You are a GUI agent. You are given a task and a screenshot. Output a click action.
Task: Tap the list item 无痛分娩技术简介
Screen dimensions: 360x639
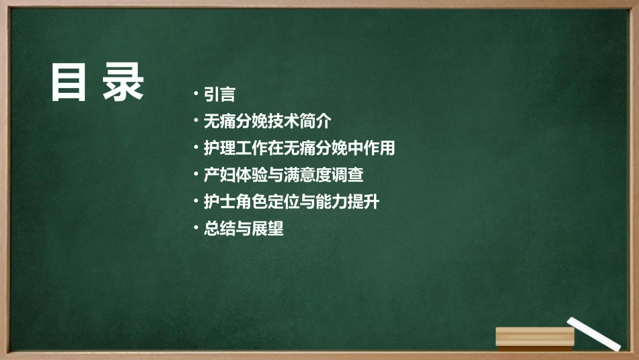pyautogui.click(x=268, y=121)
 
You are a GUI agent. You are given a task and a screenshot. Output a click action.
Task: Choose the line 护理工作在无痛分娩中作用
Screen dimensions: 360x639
pyautogui.click(x=299, y=148)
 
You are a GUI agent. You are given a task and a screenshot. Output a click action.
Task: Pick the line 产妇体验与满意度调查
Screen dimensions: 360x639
pyautogui.click(x=283, y=175)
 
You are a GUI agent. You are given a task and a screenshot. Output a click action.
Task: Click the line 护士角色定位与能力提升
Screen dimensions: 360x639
pyautogui.click(x=291, y=202)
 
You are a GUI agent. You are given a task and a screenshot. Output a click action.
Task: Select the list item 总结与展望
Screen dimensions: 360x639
pyautogui.click(x=243, y=229)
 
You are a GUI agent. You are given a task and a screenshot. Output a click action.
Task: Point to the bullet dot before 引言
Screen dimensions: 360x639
pyautogui.click(x=195, y=94)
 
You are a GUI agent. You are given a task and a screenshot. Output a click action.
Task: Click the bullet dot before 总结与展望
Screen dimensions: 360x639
pyautogui.click(x=195, y=229)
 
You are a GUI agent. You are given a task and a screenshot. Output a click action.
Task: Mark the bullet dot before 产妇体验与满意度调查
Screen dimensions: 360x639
pyautogui.click(x=195, y=175)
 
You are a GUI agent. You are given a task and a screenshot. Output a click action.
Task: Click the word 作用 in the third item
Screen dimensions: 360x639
pyautogui.click(x=379, y=148)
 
